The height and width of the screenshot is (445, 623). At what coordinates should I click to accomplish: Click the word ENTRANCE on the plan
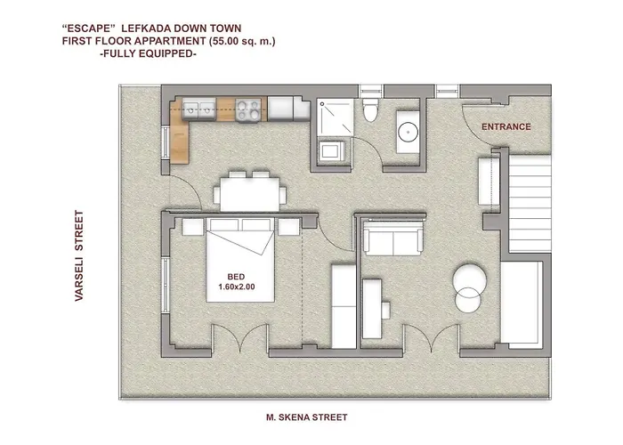coord(506,127)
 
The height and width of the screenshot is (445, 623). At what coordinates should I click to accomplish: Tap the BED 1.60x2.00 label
coord(236,281)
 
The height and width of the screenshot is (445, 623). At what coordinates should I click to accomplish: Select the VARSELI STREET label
coord(79,257)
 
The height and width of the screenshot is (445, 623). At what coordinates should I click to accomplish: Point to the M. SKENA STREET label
coord(306,417)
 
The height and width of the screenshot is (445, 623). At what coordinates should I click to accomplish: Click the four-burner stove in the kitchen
coord(251,109)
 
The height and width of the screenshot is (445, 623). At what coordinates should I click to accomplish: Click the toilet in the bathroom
coord(372,112)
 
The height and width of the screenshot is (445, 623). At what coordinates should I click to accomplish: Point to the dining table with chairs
coord(249,192)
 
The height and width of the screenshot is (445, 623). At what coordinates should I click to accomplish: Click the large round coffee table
coord(469,284)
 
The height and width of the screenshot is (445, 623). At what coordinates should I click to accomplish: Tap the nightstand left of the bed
coord(191,226)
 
